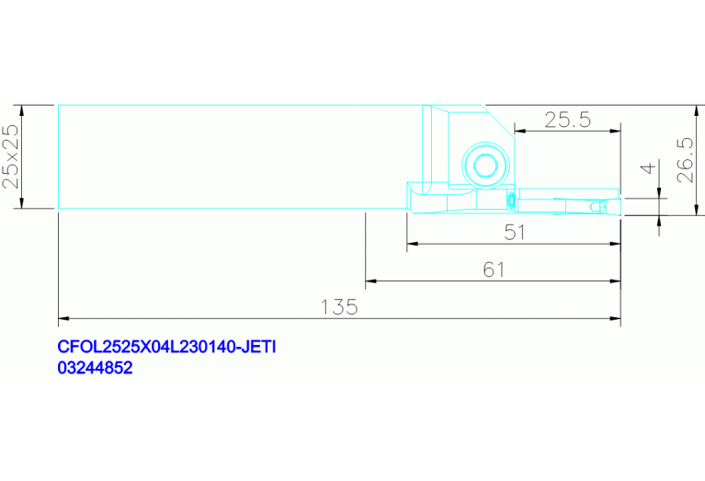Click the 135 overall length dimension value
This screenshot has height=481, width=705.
pos(339,307)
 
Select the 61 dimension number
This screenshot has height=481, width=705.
pos(494,270)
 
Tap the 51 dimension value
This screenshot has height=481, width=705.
pos(515,233)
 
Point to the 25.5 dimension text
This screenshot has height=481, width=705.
pos(567,120)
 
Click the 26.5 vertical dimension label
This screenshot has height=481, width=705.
pos(685,160)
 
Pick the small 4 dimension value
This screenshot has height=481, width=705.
pos(648,168)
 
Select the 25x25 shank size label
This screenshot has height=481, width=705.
pos(10,156)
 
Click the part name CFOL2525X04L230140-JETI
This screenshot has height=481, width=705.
pos(166,347)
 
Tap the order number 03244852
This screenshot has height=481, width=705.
pos(95,368)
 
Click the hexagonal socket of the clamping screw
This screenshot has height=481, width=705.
pos(485,166)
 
